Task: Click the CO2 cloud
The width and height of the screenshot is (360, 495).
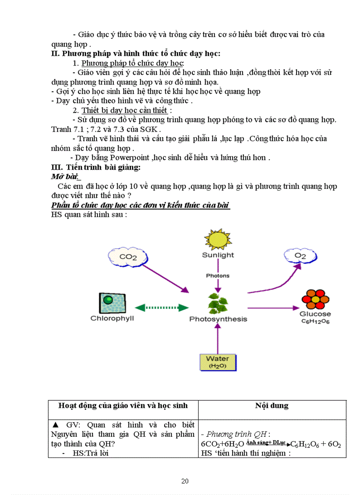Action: click(x=128, y=257)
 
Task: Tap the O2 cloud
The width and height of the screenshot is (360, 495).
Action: click(x=300, y=256)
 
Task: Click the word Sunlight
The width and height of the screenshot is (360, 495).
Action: click(x=218, y=255)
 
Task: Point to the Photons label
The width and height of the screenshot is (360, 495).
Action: click(x=218, y=276)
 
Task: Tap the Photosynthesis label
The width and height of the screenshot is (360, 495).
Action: click(x=218, y=319)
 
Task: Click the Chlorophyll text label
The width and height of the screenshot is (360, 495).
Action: click(x=112, y=318)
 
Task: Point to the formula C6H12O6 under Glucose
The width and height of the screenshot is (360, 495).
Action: click(x=315, y=322)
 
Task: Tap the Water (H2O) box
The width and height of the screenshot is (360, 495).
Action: click(x=217, y=361)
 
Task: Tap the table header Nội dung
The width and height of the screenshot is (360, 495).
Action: click(x=272, y=406)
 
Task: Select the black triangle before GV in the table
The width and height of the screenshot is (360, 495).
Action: click(x=56, y=425)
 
